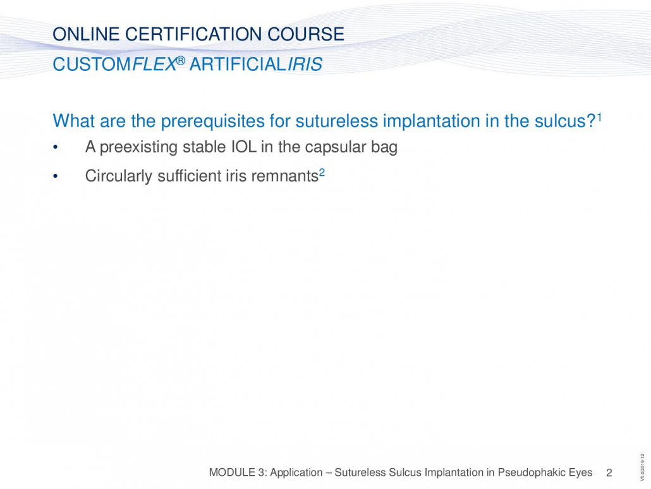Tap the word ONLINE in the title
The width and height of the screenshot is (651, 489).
pyautogui.click(x=87, y=34)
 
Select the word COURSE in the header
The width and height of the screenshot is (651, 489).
pyautogui.click(x=305, y=34)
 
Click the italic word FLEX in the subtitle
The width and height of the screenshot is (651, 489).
pyautogui.click(x=154, y=65)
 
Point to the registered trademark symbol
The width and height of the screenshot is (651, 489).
pyautogui.click(x=181, y=61)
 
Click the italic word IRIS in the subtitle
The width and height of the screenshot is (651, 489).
pyautogui.click(x=305, y=65)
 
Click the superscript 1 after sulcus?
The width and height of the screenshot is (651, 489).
pyautogui.click(x=599, y=117)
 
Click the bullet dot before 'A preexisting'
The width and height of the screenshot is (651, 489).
pyautogui.click(x=55, y=147)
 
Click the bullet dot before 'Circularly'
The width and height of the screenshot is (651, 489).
pyautogui.click(x=55, y=176)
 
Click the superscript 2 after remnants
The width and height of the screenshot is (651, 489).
pyautogui.click(x=322, y=173)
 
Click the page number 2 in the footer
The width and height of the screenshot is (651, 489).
pyautogui.click(x=609, y=473)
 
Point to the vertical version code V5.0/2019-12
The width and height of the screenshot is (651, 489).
pyautogui.click(x=643, y=468)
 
